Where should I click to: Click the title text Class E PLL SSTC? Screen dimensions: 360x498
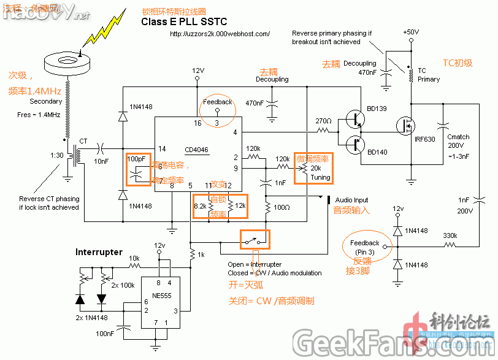(x=184, y=22)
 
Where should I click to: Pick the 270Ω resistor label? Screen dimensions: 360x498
(x=323, y=120)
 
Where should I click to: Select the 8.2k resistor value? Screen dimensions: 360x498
(x=201, y=206)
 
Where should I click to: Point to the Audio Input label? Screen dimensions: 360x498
(x=351, y=200)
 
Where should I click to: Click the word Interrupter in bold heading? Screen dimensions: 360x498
(x=99, y=252)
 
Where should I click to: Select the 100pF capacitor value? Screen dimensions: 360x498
(x=136, y=159)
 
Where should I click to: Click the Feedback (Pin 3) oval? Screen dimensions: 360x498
(x=365, y=247)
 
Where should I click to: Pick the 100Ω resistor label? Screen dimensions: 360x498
(x=282, y=207)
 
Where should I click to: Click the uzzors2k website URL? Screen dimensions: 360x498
(x=220, y=34)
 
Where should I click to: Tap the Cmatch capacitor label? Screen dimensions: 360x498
(x=458, y=137)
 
